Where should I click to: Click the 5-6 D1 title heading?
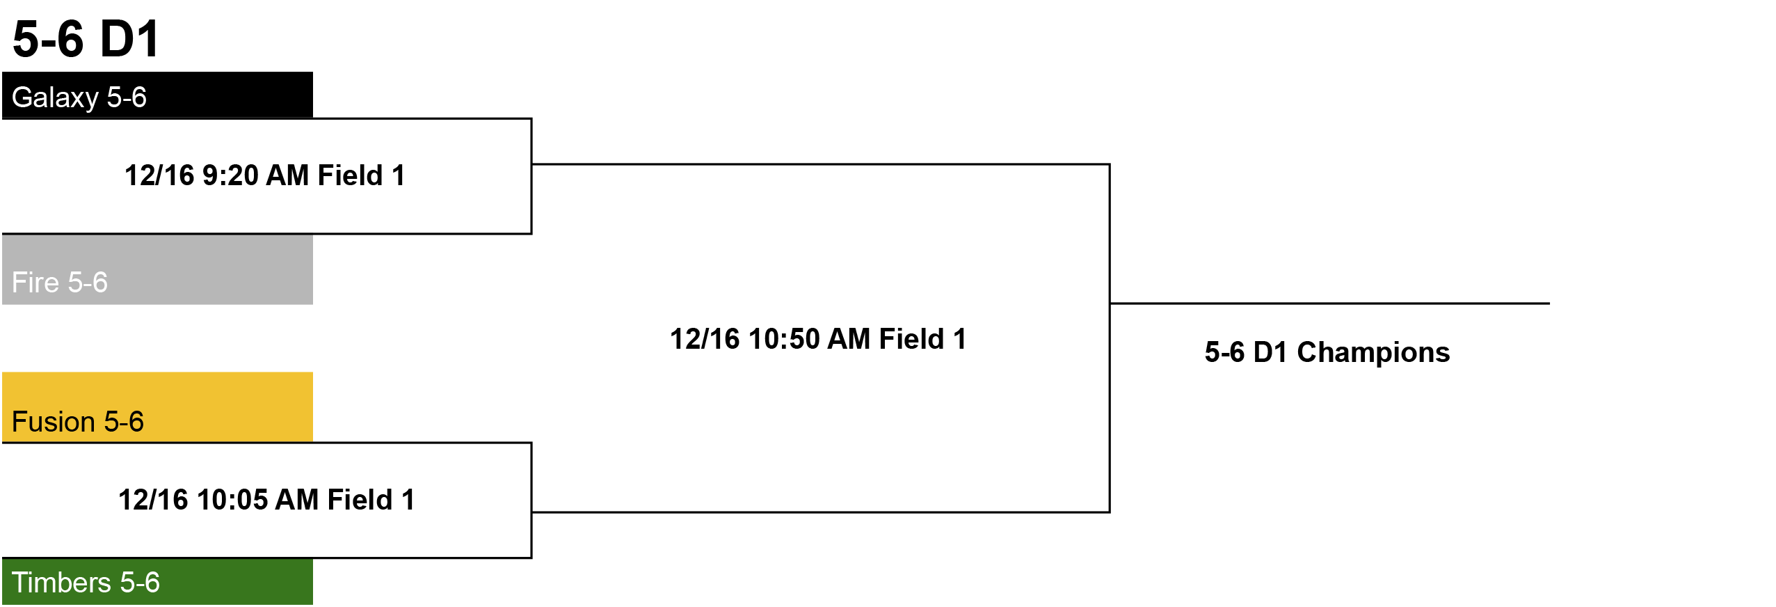[86, 39]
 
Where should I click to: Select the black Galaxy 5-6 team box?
[157, 95]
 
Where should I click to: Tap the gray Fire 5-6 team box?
[157, 269]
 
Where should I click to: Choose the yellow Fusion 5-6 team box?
[157, 407]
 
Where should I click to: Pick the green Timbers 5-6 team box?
[157, 581]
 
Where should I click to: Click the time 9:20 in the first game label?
[230, 175]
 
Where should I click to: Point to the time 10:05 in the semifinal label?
[232, 500]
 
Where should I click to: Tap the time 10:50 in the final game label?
[784, 339]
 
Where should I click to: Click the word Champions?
[1373, 353]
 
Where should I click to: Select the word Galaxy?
[55, 98]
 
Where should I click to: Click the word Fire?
[35, 283]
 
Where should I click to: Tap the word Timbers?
[62, 583]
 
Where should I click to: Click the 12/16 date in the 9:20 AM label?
[159, 175]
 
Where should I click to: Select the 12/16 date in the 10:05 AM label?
[153, 500]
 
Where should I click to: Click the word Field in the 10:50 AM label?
[911, 339]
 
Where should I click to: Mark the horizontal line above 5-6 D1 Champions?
[1329, 303]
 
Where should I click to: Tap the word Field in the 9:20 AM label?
[350, 175]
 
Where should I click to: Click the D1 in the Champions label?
[1270, 352]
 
